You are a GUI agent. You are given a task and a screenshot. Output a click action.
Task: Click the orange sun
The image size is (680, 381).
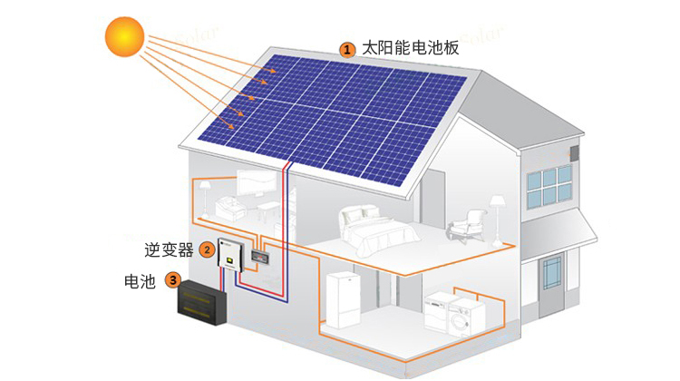pos(124,36)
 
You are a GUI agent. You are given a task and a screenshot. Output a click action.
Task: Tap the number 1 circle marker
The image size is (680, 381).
pos(347,50)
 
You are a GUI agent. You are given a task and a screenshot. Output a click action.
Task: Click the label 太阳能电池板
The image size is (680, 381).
pos(410,48)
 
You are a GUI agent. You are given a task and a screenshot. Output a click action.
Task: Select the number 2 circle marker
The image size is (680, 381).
pos(207,249)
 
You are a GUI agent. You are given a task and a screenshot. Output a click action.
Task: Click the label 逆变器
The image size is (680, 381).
pos(169,249)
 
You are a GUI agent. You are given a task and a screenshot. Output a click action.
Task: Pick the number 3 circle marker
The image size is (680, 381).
pos(173,280)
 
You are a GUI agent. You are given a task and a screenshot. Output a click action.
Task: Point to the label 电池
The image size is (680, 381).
pos(140,281)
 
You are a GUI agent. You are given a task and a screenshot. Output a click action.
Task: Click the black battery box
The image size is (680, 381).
pos(202,302)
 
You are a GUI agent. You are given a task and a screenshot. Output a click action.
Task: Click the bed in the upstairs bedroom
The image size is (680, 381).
pos(377,231)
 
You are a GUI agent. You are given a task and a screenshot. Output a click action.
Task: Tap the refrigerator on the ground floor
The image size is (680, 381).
pos(343,300)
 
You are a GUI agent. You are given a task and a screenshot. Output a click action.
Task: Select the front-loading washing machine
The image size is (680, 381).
pos(466,316)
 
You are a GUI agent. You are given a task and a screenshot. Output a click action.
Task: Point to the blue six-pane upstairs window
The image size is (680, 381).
pos(550,186)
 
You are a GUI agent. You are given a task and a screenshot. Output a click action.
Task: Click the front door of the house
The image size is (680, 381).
pos(551,285)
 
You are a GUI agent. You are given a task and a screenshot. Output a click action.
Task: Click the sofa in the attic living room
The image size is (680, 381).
pos(230,208)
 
